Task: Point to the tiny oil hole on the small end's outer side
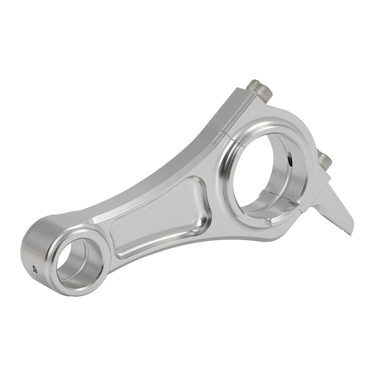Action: point(34,269)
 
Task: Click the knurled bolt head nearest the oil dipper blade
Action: point(324,160)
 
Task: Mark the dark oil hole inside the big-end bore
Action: point(290,161)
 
